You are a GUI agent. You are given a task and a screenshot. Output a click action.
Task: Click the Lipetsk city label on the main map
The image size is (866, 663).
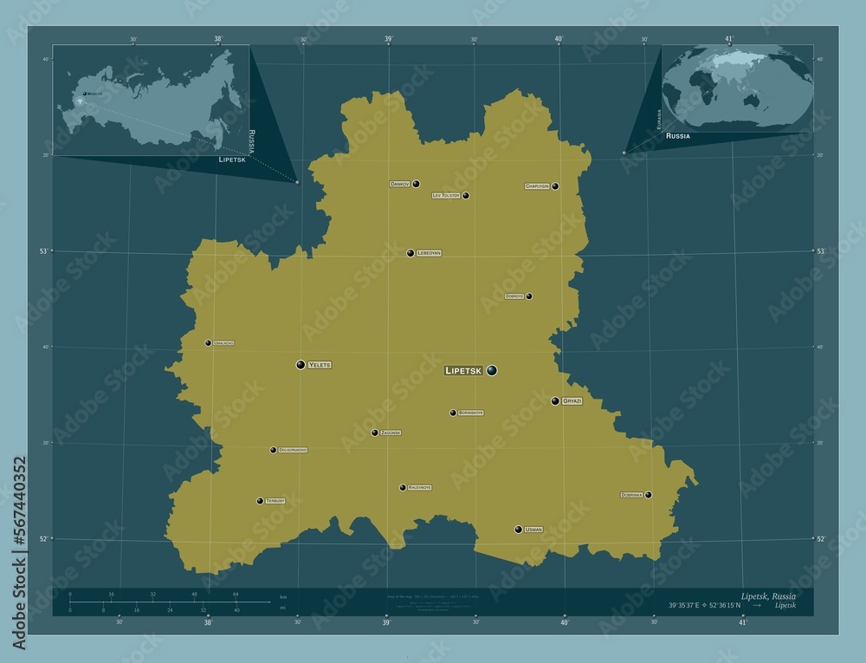tap(463, 371)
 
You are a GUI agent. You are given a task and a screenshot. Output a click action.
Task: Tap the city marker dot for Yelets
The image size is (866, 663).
tap(301, 365)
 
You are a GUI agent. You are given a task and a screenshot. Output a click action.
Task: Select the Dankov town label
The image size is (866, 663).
tap(399, 184)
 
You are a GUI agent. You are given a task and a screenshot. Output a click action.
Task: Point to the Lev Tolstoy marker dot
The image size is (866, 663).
tap(466, 196)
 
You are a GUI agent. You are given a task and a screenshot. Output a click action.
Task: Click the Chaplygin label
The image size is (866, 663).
tap(537, 186)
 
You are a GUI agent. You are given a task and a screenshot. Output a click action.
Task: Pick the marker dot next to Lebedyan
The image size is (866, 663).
tap(410, 253)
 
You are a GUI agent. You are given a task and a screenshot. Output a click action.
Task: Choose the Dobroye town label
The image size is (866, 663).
tap(514, 296)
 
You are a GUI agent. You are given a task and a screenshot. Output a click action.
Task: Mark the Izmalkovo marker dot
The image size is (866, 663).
tap(208, 343)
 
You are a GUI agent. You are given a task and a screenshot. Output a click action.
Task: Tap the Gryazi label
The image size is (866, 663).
tap(572, 402)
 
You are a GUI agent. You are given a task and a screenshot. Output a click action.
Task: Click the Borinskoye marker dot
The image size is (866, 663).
tap(453, 413)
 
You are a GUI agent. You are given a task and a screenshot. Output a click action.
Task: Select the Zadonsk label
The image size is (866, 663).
tap(391, 432)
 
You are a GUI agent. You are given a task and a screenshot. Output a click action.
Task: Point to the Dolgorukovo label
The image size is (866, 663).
tap(293, 451)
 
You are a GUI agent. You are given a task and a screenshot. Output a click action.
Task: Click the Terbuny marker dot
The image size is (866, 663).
tap(260, 501)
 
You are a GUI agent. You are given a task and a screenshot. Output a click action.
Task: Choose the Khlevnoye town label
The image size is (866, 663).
tap(419, 488)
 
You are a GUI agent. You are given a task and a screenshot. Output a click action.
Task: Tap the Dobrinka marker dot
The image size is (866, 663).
tap(648, 495)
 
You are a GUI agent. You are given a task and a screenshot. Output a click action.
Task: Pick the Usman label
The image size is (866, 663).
tap(533, 530)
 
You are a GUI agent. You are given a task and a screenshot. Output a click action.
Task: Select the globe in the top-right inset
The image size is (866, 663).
tap(737, 86)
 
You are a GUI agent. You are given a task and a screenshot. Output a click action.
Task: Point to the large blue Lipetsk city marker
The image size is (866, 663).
tap(492, 371)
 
